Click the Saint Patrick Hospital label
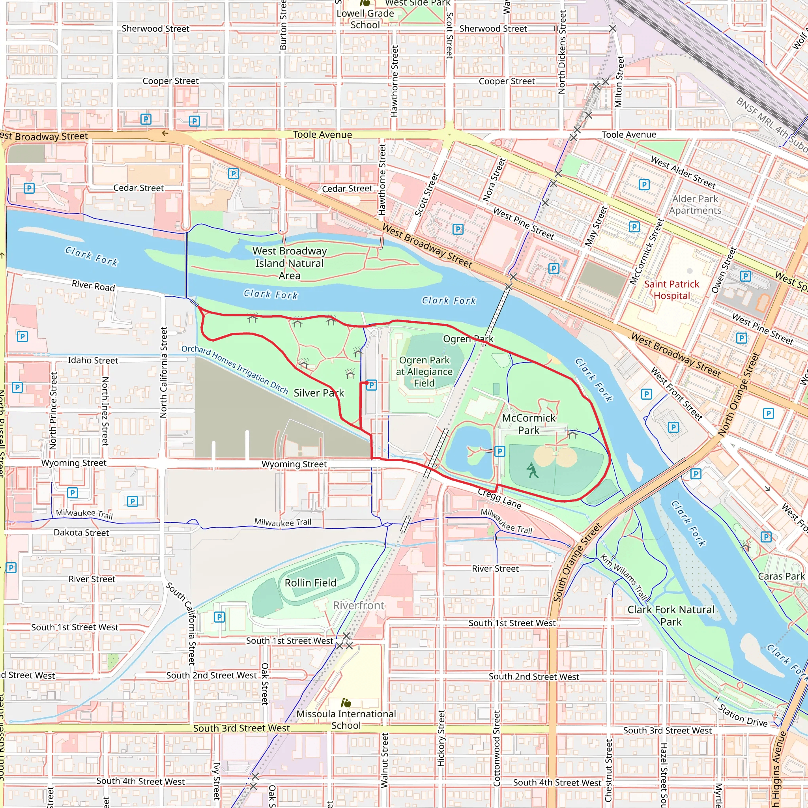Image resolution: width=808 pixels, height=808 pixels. tap(671, 290)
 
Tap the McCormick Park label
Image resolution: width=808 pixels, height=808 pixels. tap(529, 424)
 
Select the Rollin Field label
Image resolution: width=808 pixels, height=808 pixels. tap(310, 583)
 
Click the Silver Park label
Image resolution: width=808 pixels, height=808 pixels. tap(319, 393)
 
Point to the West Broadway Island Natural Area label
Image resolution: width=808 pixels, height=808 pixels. tap(290, 263)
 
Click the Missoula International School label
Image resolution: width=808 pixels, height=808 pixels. tap(346, 719)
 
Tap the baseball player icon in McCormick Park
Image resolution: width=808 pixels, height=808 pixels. tap(531, 471)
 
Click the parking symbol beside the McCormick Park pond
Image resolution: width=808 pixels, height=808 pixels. tap(499, 451)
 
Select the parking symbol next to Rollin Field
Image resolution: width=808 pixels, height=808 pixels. tap(219, 617)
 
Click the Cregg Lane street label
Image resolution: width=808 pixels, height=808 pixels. tap(499, 499)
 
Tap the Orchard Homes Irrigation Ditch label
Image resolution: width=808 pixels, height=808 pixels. tap(234, 369)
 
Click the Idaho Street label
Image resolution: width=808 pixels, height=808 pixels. tap(93, 360)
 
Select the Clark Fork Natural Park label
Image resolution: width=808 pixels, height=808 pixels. tap(671, 615)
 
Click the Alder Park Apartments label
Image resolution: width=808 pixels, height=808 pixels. tap(695, 204)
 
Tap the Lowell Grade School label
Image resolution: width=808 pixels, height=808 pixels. tap(365, 19)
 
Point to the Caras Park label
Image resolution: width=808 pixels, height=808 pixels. tap(781, 576)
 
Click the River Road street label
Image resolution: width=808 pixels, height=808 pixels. tap(93, 286)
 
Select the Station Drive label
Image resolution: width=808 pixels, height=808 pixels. tap(743, 715)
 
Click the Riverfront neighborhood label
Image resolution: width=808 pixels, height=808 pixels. tap(358, 605)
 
